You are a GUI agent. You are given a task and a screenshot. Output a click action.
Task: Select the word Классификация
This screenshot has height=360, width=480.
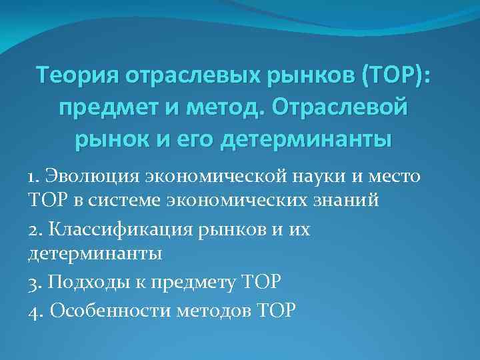point(117,229)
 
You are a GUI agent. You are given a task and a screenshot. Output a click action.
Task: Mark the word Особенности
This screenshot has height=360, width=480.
point(109,311)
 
